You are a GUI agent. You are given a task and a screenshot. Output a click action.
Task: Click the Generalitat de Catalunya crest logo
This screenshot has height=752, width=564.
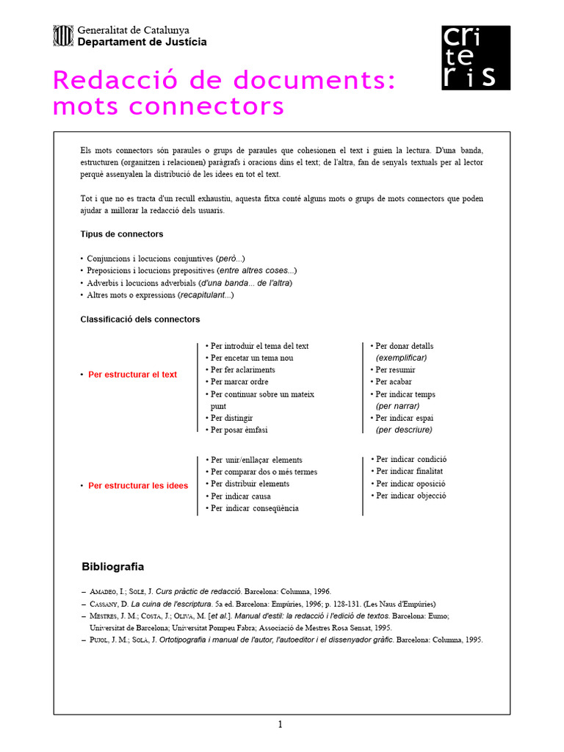(x=63, y=35)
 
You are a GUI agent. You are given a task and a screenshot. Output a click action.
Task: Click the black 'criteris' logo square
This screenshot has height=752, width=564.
(x=475, y=57)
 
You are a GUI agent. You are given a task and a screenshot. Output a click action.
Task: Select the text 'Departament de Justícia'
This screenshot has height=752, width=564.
(x=142, y=42)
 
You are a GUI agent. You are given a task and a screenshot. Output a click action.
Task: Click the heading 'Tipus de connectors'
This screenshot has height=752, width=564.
(x=121, y=234)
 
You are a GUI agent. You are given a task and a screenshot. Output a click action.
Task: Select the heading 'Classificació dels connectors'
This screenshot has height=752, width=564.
(x=140, y=319)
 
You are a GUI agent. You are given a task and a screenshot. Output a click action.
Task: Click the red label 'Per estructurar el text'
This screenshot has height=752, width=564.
(x=132, y=375)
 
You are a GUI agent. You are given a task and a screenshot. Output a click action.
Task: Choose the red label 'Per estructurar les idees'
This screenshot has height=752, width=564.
(x=137, y=485)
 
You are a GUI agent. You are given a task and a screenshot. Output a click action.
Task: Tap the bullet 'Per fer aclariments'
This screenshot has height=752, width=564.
(x=242, y=370)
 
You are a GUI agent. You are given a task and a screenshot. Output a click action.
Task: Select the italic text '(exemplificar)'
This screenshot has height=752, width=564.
(x=401, y=358)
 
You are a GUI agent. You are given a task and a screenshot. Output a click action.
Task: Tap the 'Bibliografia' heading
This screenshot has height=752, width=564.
(x=112, y=567)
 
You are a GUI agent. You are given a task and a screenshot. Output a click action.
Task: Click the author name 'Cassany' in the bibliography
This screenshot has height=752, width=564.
(x=104, y=604)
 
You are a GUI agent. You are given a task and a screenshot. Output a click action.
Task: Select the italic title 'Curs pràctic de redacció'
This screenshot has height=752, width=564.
(x=199, y=591)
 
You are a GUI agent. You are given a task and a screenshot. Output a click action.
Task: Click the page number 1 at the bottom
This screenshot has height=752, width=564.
(x=280, y=725)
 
